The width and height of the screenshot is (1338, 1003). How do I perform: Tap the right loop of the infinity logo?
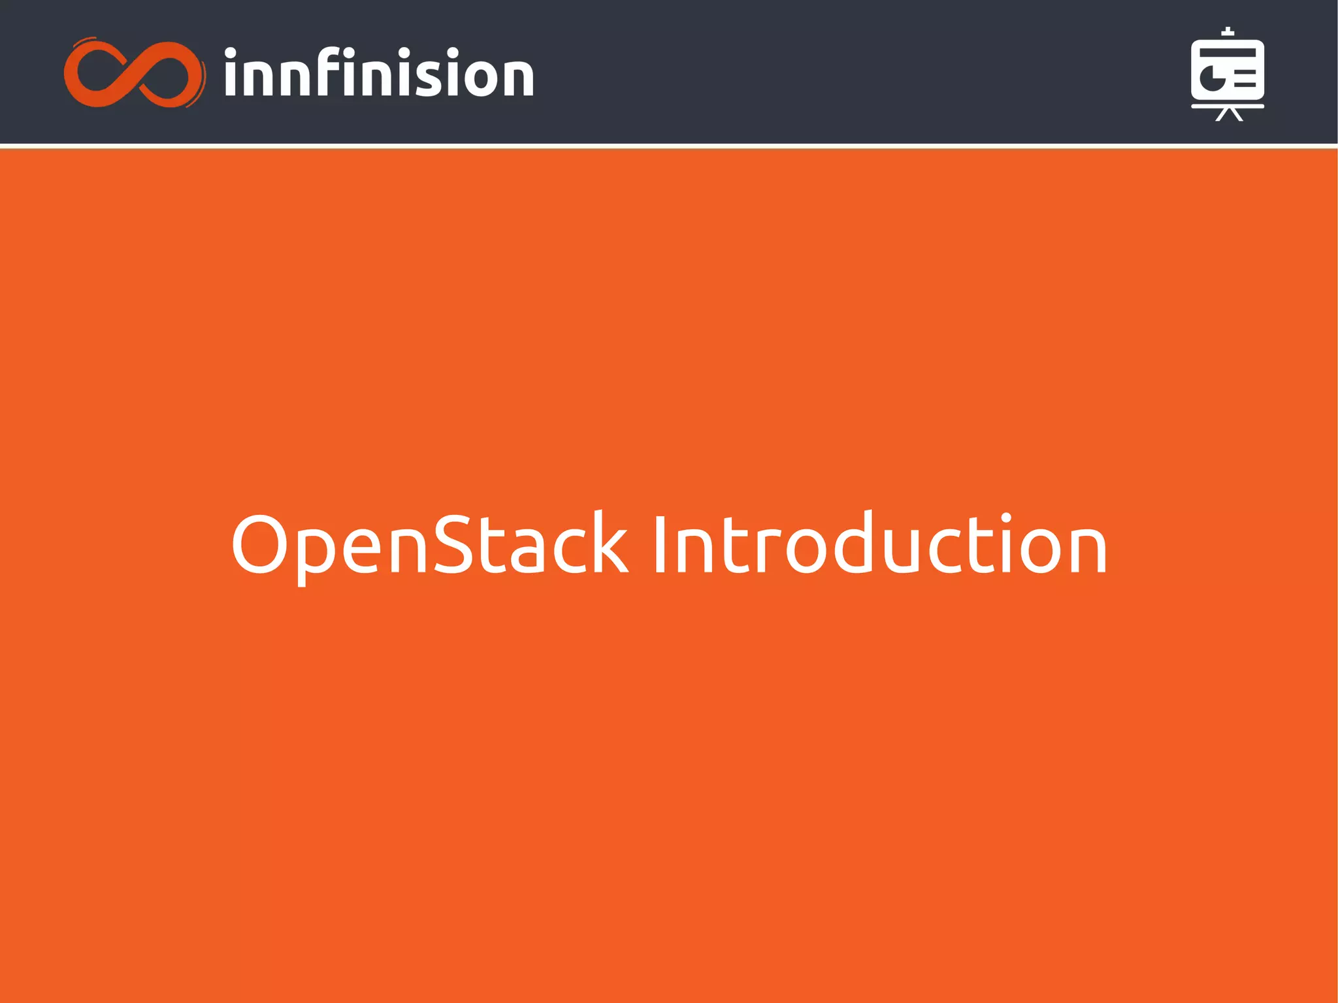click(x=169, y=74)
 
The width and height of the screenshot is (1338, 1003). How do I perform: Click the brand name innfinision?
click(x=379, y=74)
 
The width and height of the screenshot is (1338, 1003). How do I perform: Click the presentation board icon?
click(x=1227, y=74)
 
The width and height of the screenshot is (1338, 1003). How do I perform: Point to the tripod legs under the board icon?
click(x=1228, y=115)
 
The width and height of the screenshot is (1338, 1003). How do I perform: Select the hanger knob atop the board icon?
click(x=1228, y=31)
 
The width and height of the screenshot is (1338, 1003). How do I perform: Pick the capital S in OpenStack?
click(x=453, y=544)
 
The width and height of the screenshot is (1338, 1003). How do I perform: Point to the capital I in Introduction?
click(x=659, y=544)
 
